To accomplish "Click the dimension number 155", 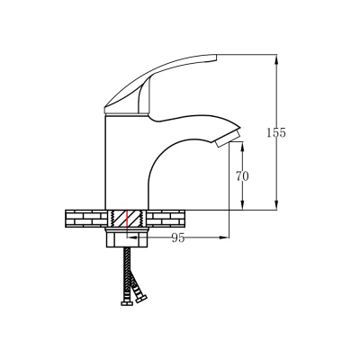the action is (276, 132).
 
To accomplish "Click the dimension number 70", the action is (242, 176).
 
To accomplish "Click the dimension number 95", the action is (178, 238).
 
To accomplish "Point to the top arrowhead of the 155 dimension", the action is (276, 58).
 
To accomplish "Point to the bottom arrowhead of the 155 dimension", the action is (276, 206).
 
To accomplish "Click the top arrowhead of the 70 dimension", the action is (242, 147).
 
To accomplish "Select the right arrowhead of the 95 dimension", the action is (224, 238).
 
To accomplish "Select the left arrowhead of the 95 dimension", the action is (132, 238).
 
